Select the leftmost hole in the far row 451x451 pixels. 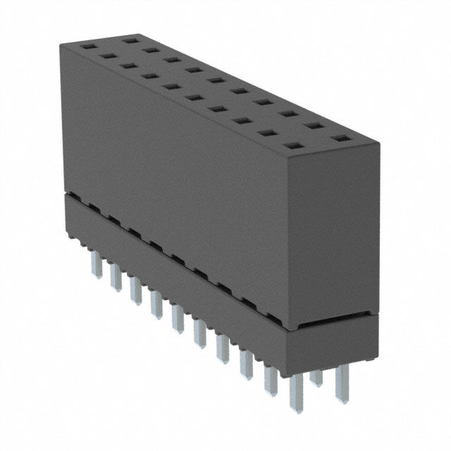(128, 41)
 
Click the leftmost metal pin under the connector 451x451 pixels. (94, 267)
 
